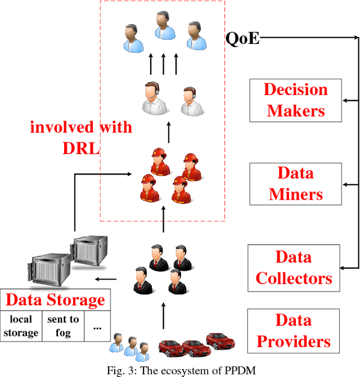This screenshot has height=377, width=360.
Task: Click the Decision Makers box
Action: tap(295, 100)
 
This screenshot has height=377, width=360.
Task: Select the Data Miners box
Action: tap(295, 183)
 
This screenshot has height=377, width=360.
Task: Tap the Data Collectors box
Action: tap(293, 268)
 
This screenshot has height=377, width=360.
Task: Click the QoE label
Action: tap(242, 38)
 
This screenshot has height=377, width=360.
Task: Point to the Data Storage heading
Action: tap(55, 299)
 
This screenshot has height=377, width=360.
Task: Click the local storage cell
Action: tap(20, 326)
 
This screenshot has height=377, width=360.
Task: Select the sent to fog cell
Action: tap(62, 326)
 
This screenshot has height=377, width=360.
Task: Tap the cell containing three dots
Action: tap(97, 326)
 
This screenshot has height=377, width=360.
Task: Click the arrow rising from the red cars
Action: tap(164, 317)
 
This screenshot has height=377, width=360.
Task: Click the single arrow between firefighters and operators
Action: tap(169, 133)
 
